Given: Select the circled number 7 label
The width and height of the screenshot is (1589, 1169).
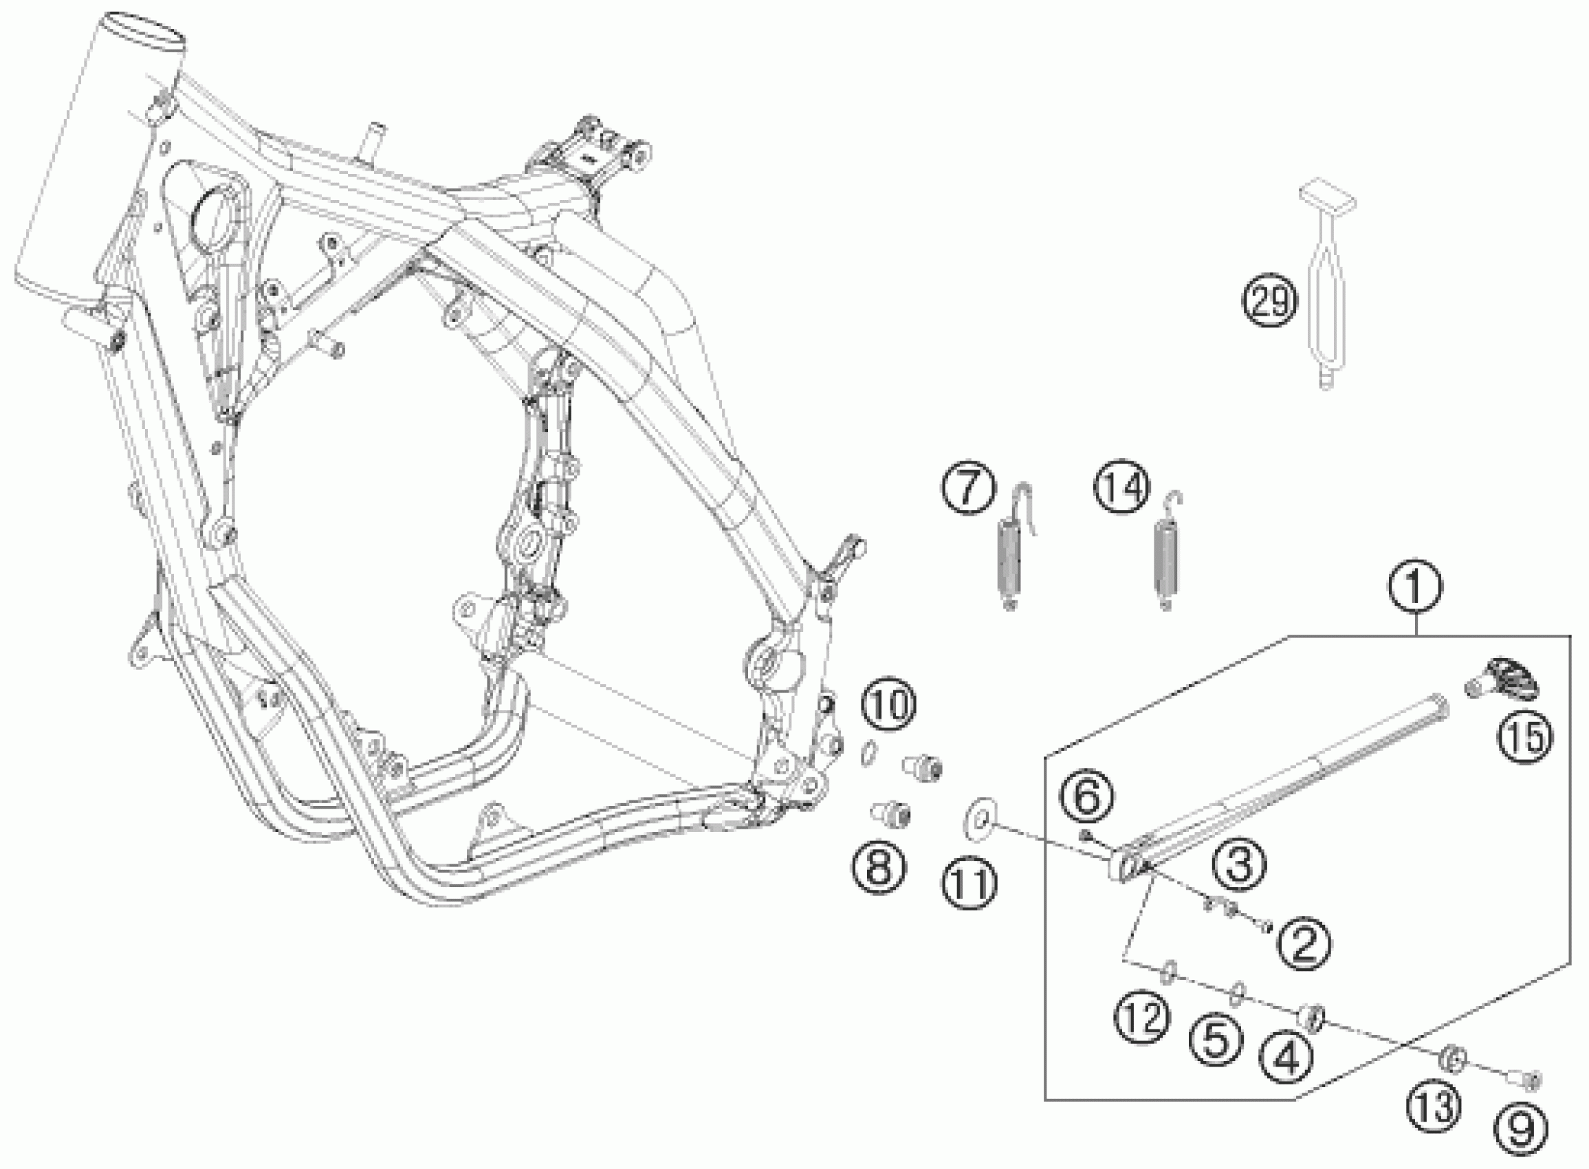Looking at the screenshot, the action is [x=969, y=488].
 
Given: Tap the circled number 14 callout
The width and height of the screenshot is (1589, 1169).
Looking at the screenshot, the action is [x=1123, y=488].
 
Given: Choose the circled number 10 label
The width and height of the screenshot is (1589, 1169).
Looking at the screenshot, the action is [x=888, y=705].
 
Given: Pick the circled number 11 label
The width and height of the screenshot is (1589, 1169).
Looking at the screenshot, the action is [x=969, y=883].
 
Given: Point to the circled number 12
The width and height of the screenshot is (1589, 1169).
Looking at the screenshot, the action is [x=1143, y=1017].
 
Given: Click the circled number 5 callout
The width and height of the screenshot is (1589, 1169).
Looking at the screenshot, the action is [x=1216, y=1040].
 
